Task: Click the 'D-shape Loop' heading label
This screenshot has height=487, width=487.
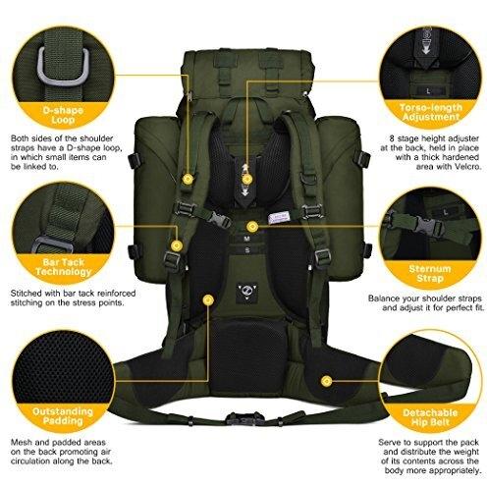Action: pyautogui.click(x=63, y=115)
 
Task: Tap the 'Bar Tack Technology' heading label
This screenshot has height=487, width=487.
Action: pyautogui.click(x=63, y=267)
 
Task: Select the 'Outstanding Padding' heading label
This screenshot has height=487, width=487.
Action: pyautogui.click(x=63, y=415)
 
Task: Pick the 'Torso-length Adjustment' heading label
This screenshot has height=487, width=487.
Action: pyautogui.click(x=431, y=112)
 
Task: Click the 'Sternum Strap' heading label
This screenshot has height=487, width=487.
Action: pyautogui.click(x=430, y=274)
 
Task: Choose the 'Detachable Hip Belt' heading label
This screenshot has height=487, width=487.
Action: pyautogui.click(x=430, y=417)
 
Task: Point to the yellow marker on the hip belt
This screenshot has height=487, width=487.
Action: pyautogui.click(x=326, y=381)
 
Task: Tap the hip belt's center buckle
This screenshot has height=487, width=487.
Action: pyautogui.click(x=243, y=419)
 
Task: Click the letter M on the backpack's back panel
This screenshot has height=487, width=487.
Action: pyautogui.click(x=247, y=239)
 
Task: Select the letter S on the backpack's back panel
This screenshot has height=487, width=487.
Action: pyautogui.click(x=247, y=250)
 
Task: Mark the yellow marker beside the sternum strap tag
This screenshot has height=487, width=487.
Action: pyautogui.click(x=251, y=226)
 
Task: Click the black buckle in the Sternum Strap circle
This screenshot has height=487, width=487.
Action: pyautogui.click(x=429, y=226)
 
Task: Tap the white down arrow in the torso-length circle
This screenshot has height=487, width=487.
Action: pyautogui.click(x=426, y=48)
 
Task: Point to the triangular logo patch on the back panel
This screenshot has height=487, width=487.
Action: pyautogui.click(x=245, y=291)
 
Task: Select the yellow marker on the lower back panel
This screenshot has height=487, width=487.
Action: pyautogui.click(x=208, y=299)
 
